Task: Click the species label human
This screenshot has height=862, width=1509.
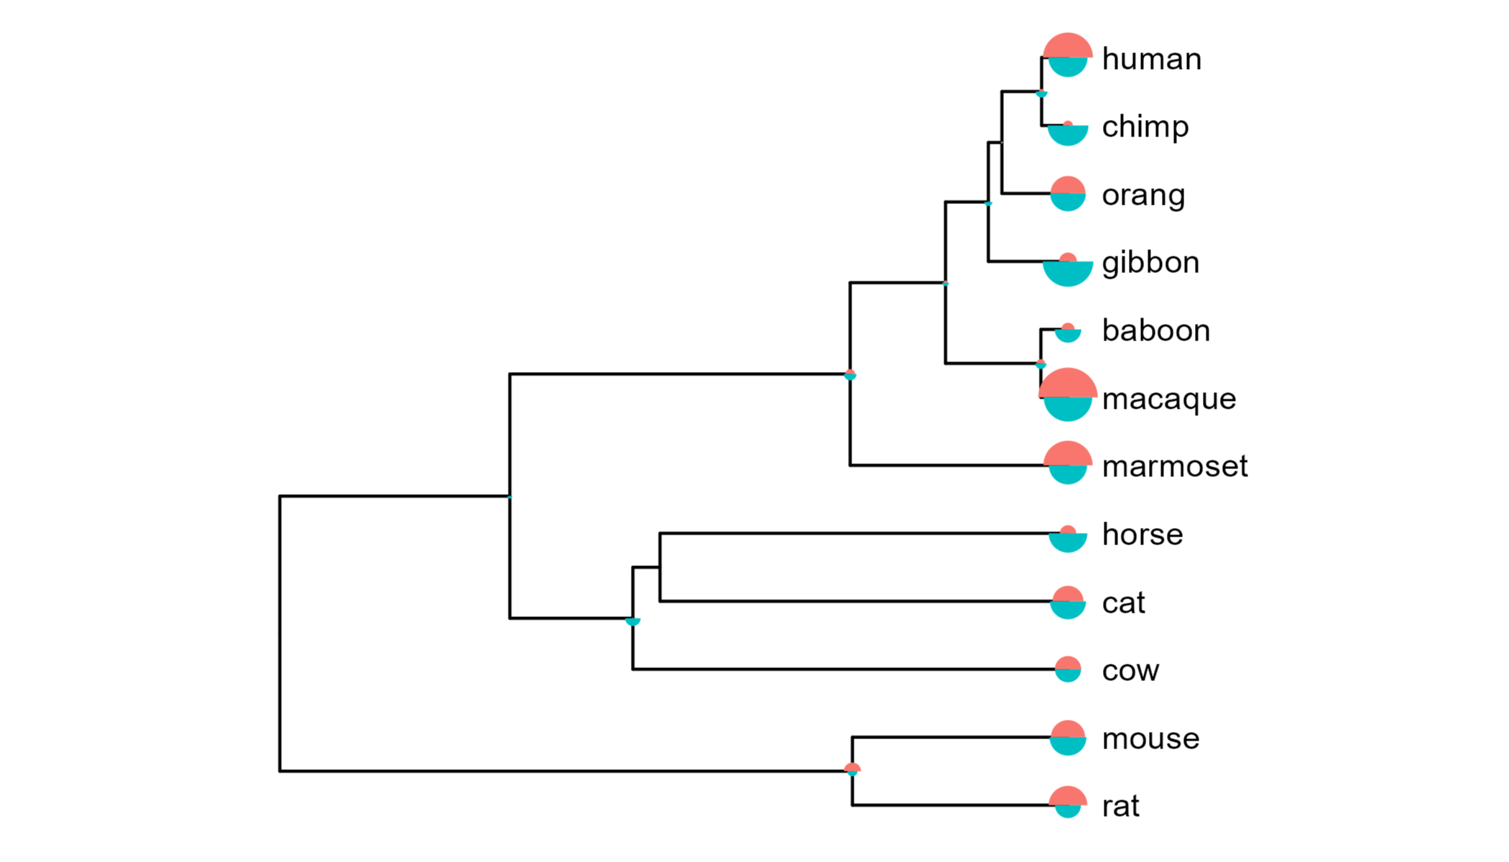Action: [x=1151, y=59]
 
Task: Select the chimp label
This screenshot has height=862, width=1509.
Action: [x=1145, y=127]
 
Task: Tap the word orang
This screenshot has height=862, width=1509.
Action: [x=1143, y=195]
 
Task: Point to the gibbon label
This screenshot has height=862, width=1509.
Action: [x=1150, y=263]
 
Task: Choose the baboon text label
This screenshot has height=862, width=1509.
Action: [x=1156, y=330]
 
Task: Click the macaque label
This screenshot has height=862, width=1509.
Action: [x=1169, y=399]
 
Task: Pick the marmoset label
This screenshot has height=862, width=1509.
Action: [x=1175, y=467]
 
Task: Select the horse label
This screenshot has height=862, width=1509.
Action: [x=1143, y=534]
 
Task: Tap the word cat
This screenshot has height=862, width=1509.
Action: [x=1123, y=603]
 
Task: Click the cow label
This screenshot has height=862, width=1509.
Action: [x=1130, y=671]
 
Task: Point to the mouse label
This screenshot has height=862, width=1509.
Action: [x=1150, y=738]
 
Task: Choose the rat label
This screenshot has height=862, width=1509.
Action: [x=1121, y=807]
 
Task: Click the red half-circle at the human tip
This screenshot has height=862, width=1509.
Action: [x=1068, y=45]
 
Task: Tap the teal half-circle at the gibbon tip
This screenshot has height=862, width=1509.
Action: [x=1068, y=274]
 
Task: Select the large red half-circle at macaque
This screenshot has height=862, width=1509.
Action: [x=1068, y=382]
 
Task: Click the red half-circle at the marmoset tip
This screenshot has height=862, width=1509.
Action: [x=1068, y=453]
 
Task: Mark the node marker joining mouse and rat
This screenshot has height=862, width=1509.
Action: [x=852, y=770]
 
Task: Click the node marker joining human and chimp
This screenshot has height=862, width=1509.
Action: [x=1042, y=93]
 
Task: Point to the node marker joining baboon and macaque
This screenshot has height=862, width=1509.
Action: [x=1040, y=364]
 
